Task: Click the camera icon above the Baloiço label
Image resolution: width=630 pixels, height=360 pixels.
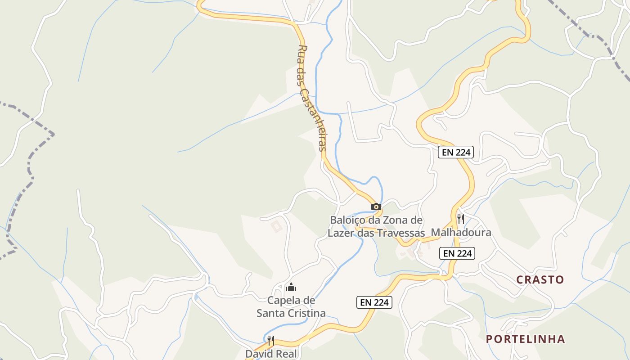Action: point(376,207)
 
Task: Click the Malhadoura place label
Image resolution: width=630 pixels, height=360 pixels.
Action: point(461,233)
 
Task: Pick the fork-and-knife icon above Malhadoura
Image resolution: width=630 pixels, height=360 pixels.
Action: point(461,219)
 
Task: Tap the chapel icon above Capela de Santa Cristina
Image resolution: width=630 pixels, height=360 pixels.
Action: point(291,287)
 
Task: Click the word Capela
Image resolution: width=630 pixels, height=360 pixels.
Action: point(285,300)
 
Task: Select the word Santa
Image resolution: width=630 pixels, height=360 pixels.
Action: point(271,313)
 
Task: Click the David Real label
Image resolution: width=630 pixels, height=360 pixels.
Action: point(271,354)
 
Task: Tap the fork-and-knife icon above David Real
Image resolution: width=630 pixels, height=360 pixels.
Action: point(271,341)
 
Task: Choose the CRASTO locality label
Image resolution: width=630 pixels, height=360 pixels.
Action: point(540,279)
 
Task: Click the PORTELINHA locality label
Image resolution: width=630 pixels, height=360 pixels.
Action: point(525,339)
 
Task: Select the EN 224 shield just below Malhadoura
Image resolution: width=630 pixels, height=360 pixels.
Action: point(457,253)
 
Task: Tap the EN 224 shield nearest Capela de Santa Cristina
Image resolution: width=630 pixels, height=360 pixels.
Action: point(374,302)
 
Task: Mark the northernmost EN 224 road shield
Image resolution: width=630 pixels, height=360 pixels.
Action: point(456,152)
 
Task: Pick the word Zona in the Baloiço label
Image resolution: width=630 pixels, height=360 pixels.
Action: point(396,220)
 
